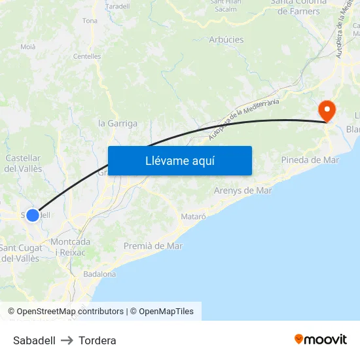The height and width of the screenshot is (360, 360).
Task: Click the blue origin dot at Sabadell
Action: [33, 215]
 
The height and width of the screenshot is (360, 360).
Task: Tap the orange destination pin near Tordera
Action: [326, 110]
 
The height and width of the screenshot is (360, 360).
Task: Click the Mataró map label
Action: [192, 215]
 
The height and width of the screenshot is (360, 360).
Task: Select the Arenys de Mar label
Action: [243, 190]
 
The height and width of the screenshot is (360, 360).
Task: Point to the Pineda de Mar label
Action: [310, 160]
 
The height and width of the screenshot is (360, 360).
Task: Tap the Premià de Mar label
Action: [153, 246]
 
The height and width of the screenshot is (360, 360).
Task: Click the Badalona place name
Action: [99, 274]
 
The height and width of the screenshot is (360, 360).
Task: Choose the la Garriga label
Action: [118, 123]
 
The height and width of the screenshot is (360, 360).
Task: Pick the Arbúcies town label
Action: [226, 39]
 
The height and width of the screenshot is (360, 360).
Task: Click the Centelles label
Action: [87, 56]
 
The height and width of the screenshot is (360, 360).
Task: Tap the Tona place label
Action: [90, 21]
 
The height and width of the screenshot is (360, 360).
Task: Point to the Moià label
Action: [28, 46]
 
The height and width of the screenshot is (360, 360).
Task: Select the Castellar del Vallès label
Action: [24, 164]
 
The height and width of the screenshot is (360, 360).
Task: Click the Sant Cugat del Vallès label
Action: [20, 253]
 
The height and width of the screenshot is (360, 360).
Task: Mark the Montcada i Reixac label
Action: [71, 247]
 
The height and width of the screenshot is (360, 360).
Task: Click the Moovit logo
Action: [321, 339]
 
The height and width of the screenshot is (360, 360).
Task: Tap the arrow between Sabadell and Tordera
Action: [67, 340]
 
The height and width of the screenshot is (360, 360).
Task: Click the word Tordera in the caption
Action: [98, 340]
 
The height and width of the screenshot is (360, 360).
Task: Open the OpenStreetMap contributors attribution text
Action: [70, 312]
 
